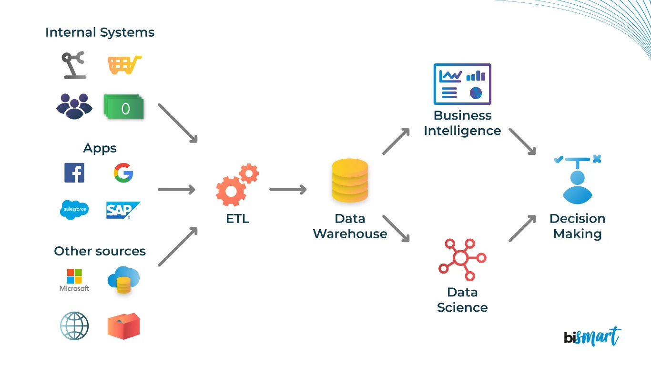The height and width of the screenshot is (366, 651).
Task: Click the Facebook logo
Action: pyautogui.click(x=74, y=173)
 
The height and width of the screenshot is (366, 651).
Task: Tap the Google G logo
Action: pyautogui.click(x=123, y=173)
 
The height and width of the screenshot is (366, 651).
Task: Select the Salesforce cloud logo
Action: pyautogui.click(x=74, y=210)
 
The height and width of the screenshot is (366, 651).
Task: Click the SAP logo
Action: pyautogui.click(x=122, y=210)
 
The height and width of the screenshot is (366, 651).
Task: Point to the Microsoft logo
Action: pyautogui.click(x=74, y=279)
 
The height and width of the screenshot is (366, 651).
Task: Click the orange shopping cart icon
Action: pyautogui.click(x=124, y=65)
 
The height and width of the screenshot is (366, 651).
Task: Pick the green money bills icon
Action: pyautogui.click(x=124, y=107)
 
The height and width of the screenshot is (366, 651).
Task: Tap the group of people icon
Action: pyautogui.click(x=74, y=106)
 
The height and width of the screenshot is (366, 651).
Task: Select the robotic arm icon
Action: pyautogui.click(x=74, y=65)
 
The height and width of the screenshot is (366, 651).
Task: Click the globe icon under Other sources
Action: pyautogui.click(x=74, y=326)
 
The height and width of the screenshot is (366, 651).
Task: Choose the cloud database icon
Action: pyautogui.click(x=123, y=279)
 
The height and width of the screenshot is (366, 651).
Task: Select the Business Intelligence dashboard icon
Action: pyautogui.click(x=462, y=84)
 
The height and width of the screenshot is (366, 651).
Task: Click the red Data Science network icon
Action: pyautogui.click(x=461, y=259)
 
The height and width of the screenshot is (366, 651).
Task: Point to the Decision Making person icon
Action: pyautogui.click(x=577, y=179)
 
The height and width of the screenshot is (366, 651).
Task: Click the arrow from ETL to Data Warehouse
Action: pyautogui.click(x=288, y=190)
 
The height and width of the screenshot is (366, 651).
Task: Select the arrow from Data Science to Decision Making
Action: pyautogui.click(x=522, y=228)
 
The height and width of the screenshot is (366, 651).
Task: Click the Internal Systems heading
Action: pyautogui.click(x=100, y=32)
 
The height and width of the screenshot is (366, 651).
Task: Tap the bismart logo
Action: pyautogui.click(x=592, y=336)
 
